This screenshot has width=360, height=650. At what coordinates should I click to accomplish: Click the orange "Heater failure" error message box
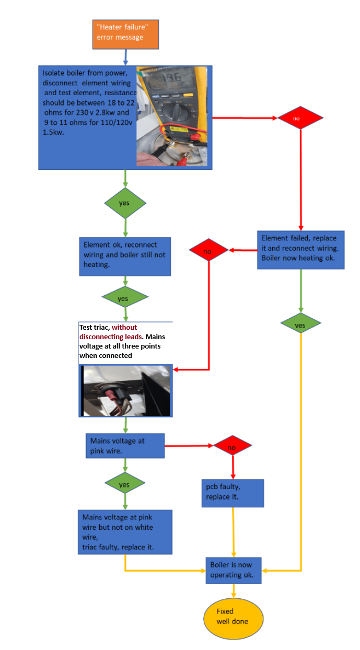pos(125,34)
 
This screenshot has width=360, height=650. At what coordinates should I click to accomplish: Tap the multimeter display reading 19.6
pos(171,77)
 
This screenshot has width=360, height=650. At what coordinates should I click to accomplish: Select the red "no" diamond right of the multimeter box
pos(300,118)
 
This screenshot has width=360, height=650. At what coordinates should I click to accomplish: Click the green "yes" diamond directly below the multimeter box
pos(125,203)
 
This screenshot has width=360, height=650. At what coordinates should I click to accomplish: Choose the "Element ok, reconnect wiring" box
pos(125,257)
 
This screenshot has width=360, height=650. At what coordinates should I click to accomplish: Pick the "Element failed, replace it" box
pos(301,250)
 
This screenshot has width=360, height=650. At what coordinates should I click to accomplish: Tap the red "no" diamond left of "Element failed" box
pos(208,250)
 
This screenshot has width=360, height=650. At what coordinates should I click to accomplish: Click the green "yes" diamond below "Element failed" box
pos(300,323)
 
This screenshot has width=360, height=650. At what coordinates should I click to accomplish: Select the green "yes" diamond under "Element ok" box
pos(125,297)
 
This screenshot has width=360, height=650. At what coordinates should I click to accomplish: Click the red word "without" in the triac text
pos(124,327)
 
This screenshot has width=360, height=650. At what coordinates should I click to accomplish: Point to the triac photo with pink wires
pos(125,391)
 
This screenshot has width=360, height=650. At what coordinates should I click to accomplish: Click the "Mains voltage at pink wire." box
pos(125,446)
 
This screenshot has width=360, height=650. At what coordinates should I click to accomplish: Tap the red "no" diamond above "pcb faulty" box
pos(233,445)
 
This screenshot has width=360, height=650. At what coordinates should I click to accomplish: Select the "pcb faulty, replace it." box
pos(233,493)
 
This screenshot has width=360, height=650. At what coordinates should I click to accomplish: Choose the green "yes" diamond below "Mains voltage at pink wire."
pos(125,483)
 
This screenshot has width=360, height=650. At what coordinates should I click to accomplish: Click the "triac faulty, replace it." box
pos(125,532)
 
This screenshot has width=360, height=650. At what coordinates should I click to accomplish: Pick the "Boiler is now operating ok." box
pos(234,570)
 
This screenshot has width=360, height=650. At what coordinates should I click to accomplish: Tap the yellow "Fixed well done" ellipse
pos(233,618)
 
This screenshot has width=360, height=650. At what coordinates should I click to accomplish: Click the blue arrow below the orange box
pos(125,57)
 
